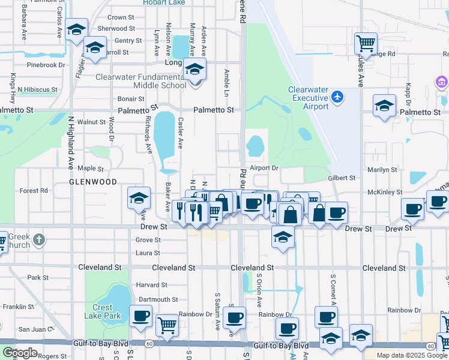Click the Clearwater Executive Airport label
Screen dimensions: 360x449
click(x=308, y=98)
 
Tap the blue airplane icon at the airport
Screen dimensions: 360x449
click(x=337, y=97)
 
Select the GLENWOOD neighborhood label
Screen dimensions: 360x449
click(x=92, y=181)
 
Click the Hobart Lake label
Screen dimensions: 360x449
click(x=163, y=2)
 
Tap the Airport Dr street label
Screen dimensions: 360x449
click(x=265, y=168)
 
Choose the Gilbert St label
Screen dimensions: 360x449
click(x=342, y=178)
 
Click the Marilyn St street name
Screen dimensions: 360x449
click(x=382, y=170)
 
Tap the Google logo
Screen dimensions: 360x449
click(x=20, y=353)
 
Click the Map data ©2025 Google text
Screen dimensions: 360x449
click(x=412, y=355)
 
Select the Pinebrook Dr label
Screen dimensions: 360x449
click(x=45, y=65)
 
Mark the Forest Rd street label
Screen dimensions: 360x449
click(x=34, y=191)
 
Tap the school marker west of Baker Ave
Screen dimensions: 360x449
click(x=138, y=197)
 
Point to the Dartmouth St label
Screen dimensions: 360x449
click(x=158, y=299)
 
